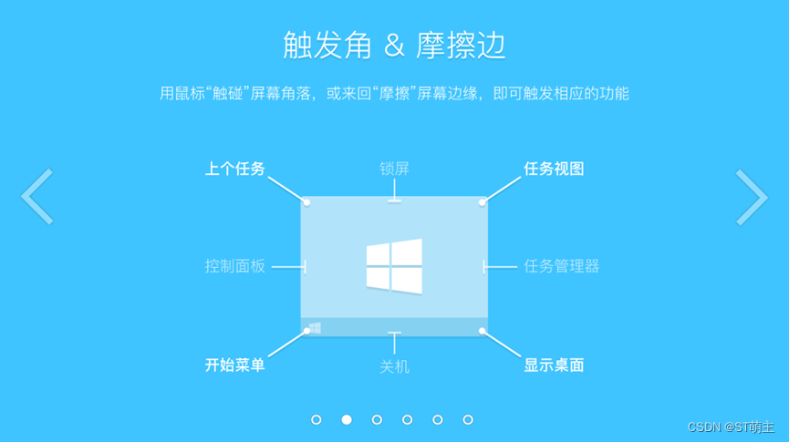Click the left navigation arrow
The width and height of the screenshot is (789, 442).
coord(36,196)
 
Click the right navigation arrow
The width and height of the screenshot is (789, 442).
coord(752,196)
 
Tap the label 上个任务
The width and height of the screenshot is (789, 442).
coord(234,169)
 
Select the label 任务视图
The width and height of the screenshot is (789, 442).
coord(554,169)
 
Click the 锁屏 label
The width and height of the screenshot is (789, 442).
coord(394,169)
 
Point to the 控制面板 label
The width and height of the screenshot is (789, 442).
coord(234,266)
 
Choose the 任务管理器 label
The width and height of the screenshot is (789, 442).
coord(562,266)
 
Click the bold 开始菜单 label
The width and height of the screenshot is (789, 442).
coord(234,365)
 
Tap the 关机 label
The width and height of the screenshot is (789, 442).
coord(394,367)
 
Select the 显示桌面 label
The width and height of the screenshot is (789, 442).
coord(554,365)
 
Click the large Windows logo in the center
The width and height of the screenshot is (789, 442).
coord(394,265)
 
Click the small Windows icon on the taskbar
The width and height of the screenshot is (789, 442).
coord(315,327)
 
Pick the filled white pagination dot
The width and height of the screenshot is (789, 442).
coord(347,419)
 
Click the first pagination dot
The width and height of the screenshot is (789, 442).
coord(317,419)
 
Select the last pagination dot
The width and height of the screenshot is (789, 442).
coord(468,419)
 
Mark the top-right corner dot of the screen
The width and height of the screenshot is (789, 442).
coord(483,201)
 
